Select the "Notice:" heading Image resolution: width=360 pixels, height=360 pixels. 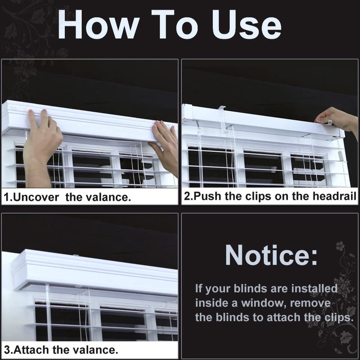tap(271, 256)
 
